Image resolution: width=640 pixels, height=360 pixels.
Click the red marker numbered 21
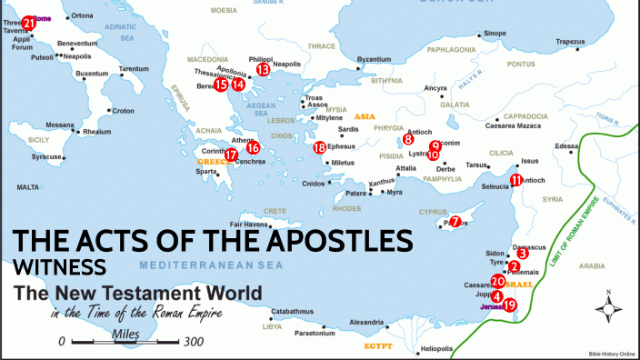click(29, 22)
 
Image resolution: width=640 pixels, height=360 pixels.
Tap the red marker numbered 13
click(263, 69)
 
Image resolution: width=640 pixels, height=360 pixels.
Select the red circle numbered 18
click(319, 147)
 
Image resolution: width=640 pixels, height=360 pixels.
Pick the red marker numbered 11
click(516, 180)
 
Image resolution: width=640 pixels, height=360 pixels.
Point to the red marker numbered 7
click(455, 221)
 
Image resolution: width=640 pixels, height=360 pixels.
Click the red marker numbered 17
click(232, 155)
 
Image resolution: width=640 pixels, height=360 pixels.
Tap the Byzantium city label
click(374, 60)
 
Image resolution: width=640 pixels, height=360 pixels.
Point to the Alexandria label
click(367, 323)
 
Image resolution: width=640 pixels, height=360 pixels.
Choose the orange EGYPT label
click(377, 346)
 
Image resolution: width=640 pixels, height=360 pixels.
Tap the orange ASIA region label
click(365, 117)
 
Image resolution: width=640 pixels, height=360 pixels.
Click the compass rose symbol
click(607, 309)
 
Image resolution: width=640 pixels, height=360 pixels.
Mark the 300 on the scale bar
click(192, 343)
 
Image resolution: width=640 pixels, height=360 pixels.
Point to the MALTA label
click(28, 186)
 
